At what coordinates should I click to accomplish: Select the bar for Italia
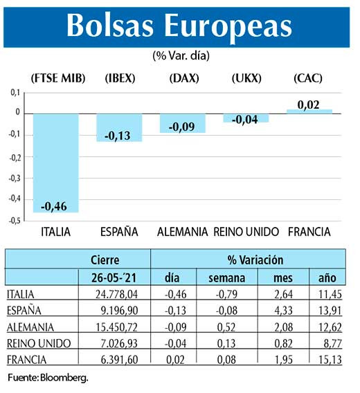point(55,163)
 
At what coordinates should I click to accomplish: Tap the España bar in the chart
point(119,127)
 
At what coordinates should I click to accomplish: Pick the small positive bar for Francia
point(309,111)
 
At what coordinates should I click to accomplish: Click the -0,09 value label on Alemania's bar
point(182,126)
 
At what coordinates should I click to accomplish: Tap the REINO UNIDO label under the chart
point(246,231)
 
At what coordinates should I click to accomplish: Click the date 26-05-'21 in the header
point(115,277)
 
